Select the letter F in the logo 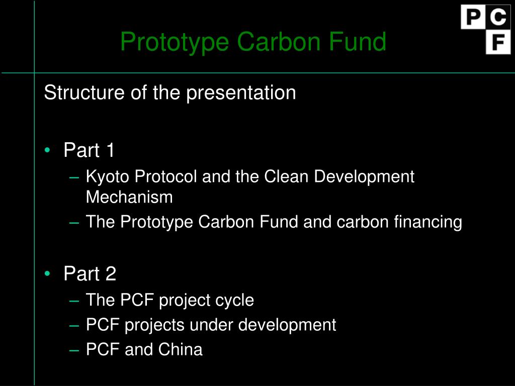[498, 42]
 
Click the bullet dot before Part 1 [47, 150]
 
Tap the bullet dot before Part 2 [47, 273]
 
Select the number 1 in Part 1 [110, 150]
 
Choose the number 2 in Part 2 [111, 274]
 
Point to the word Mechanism [129, 197]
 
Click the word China [181, 349]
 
